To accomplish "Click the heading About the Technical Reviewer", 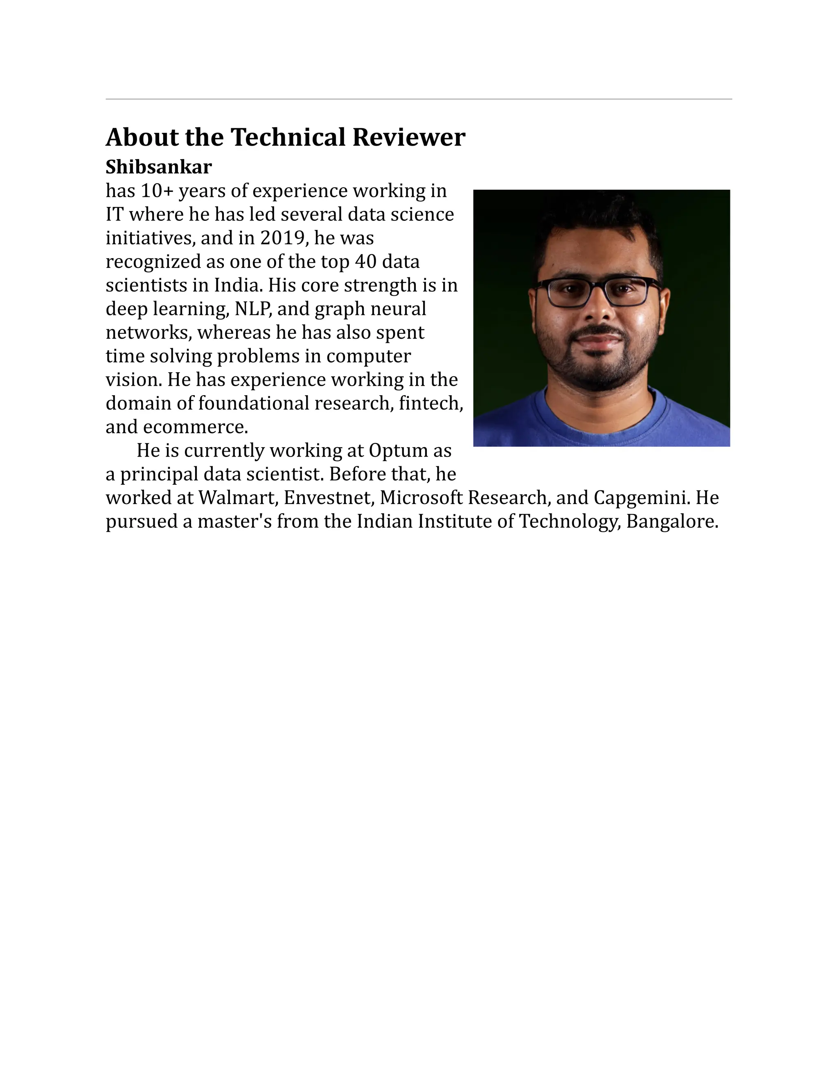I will (286, 137).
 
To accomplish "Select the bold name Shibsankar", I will (158, 167).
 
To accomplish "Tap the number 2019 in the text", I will (282, 238).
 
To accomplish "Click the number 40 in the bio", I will (366, 261).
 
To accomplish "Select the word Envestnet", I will (328, 498).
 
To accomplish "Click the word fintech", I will (430, 403).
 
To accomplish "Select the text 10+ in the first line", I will (156, 191).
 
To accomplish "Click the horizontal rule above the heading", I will (419, 99).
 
